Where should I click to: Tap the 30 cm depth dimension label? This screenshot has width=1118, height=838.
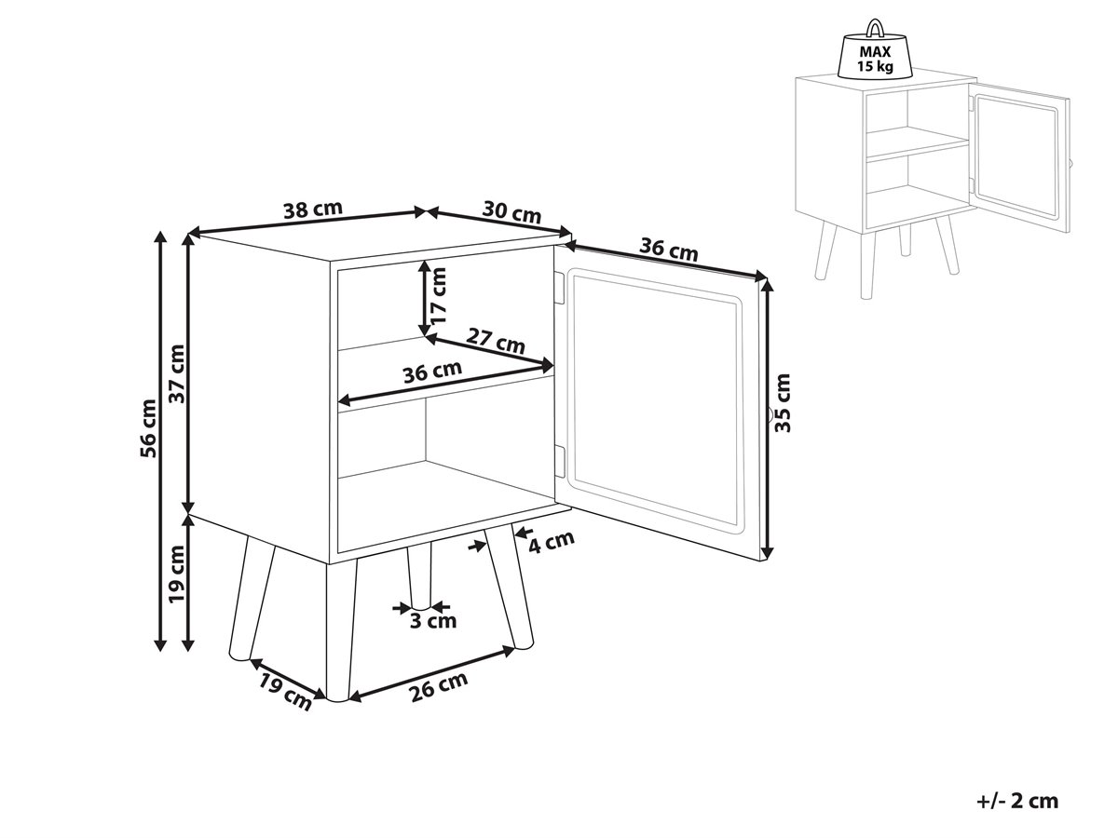[511, 211]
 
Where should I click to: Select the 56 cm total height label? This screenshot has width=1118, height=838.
[148, 428]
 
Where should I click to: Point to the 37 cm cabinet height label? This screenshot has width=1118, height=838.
[177, 373]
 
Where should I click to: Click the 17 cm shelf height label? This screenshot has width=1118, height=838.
[438, 295]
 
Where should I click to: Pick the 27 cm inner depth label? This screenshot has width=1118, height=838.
[495, 341]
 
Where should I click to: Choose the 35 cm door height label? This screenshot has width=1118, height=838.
[782, 402]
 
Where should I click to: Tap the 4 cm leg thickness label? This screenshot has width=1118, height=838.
[552, 542]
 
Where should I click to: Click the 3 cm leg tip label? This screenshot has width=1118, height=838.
[433, 621]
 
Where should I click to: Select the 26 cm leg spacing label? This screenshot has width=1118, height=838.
[438, 686]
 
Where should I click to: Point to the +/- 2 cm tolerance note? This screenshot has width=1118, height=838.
[1017, 801]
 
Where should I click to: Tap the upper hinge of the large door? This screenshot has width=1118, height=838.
[559, 288]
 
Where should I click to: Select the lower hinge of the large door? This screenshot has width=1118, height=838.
[559, 462]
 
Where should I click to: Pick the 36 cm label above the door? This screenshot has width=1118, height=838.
[668, 250]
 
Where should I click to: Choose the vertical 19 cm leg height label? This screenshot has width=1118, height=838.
[177, 574]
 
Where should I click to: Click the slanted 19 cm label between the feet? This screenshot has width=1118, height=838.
[284, 692]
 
